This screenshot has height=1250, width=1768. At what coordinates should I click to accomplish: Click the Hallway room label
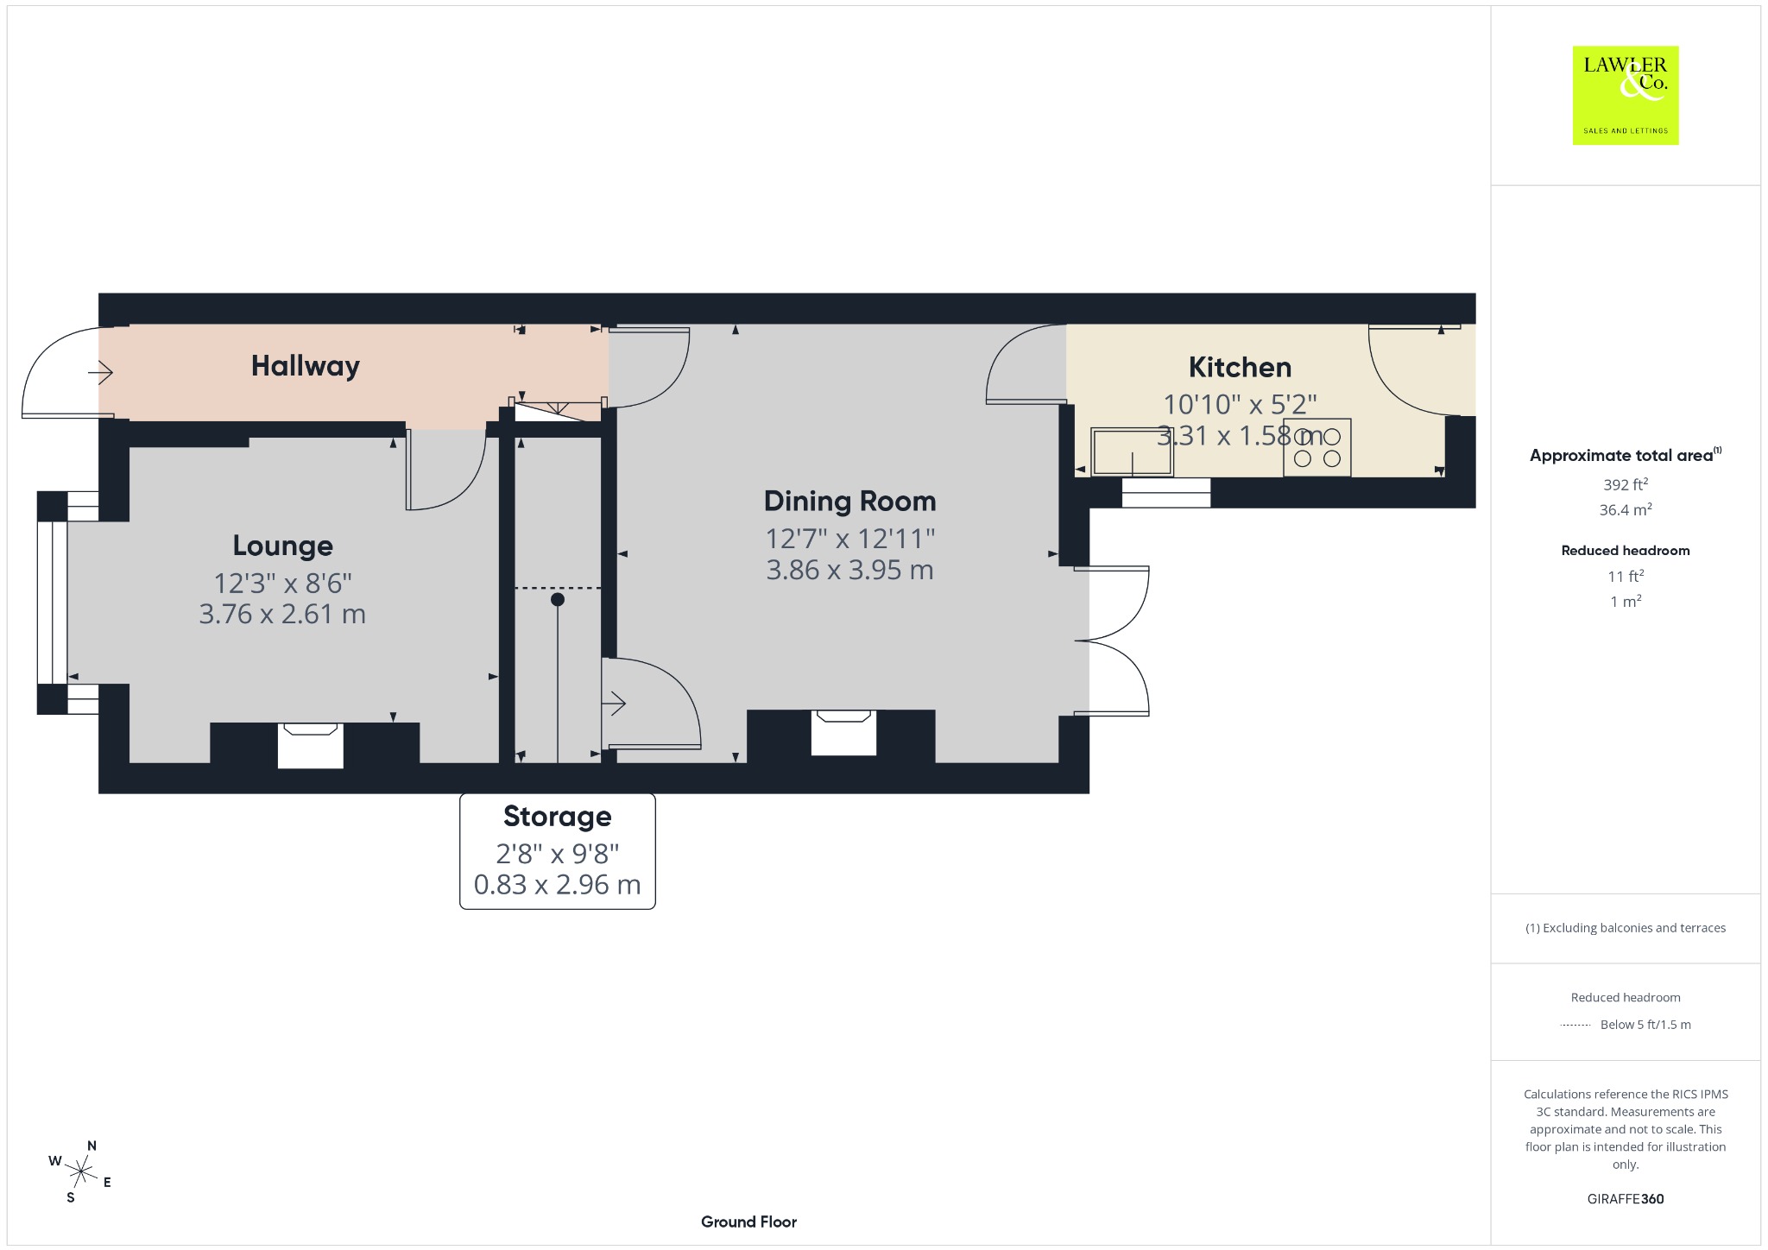(306, 366)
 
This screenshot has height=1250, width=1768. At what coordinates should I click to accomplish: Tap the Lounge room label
(283, 546)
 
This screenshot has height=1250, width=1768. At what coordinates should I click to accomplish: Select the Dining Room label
(850, 501)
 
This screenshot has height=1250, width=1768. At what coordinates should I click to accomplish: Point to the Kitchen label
(1241, 367)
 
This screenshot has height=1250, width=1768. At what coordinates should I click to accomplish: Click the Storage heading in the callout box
(558, 817)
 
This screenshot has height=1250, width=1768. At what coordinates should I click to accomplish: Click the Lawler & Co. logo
(1626, 95)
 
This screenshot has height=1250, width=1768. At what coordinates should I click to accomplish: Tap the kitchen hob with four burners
(1317, 447)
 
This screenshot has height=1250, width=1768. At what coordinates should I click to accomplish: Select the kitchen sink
(1132, 451)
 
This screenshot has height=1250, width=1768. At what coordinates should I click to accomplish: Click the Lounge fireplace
(311, 745)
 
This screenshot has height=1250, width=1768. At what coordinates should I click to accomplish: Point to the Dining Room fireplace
(844, 732)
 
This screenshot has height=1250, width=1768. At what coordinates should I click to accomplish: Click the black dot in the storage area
(558, 599)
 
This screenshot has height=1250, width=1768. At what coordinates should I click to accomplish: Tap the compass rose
(81, 1171)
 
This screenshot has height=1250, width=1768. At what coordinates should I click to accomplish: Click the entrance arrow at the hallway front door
(101, 373)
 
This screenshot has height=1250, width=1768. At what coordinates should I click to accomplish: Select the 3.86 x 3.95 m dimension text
(850, 570)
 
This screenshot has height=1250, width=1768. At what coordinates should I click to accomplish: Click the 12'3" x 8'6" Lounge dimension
(283, 584)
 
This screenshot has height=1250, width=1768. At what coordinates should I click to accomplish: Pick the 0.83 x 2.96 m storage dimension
(558, 885)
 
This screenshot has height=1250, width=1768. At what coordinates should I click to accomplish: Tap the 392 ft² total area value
(1626, 484)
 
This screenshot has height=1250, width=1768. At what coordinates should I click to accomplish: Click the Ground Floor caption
(748, 1222)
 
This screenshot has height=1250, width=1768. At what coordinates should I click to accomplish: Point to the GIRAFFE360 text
(1626, 1198)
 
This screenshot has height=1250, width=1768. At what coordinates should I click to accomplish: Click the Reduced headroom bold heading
(1626, 550)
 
